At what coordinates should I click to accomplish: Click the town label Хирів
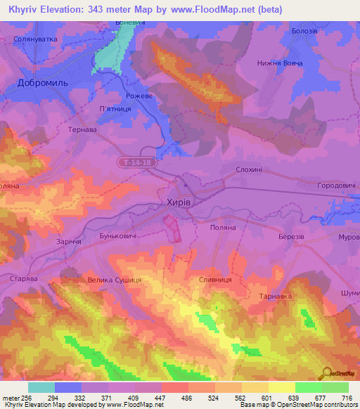pyautogui.click(x=178, y=202)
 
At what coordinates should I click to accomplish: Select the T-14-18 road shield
pyautogui.click(x=134, y=162)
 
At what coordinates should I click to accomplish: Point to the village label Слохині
pyautogui.click(x=250, y=171)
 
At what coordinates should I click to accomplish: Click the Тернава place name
pyautogui.click(x=82, y=130)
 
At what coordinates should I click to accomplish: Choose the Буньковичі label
pyautogui.click(x=117, y=236)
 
